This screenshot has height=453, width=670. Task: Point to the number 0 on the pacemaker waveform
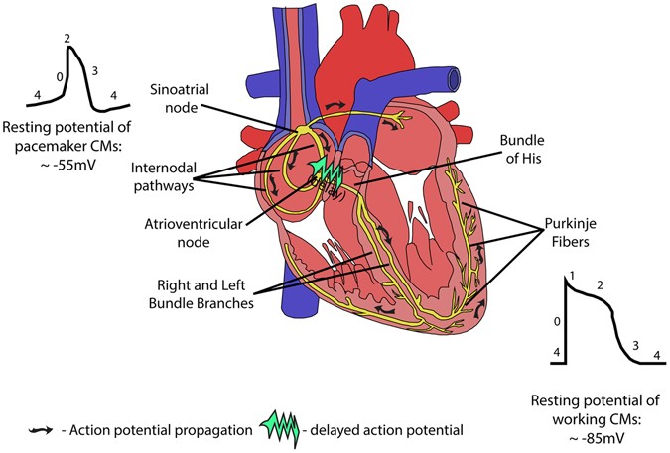click(x=60, y=76)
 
